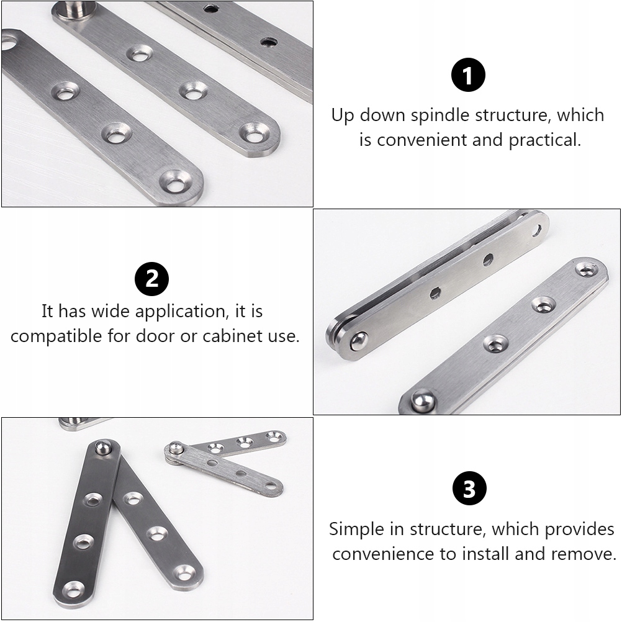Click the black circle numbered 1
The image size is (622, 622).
[x=469, y=74]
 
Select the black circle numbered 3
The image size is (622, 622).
[x=469, y=489]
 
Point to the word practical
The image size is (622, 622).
[x=544, y=140]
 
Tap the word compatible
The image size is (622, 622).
[x=56, y=336]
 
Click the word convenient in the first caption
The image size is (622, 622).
[x=422, y=140]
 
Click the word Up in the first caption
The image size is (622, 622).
[x=343, y=116]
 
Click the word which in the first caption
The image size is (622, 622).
[x=580, y=115]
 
